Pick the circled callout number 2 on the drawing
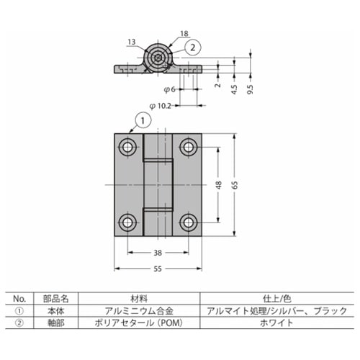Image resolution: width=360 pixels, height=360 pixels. coord(193,47)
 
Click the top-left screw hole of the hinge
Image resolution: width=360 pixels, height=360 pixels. coord(128,148)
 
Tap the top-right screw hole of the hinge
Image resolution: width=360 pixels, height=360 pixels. coord(189,148)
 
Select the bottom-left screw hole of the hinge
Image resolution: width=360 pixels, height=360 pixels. coord(128,222)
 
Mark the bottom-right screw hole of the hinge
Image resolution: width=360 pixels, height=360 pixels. coord(189,222)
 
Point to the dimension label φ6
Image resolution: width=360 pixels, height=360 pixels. coord(169,89)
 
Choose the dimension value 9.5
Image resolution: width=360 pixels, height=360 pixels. coord(251,90)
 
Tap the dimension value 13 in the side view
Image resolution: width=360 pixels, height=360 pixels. coord(130,42)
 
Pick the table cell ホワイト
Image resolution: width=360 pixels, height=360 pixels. coord(276,323)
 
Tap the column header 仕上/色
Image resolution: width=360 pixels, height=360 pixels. coord(276,297)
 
